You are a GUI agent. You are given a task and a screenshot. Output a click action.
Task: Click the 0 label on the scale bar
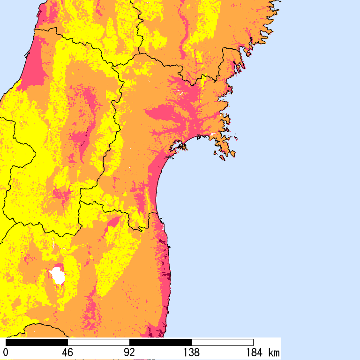click(x=6, y=352)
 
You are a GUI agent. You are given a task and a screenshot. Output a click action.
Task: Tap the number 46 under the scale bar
click(x=67, y=352)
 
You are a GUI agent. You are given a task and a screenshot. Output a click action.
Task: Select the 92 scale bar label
click(x=129, y=352)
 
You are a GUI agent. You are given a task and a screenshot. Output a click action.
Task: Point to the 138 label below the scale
click(x=191, y=352)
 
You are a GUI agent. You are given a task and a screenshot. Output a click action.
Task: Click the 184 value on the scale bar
click(x=253, y=352)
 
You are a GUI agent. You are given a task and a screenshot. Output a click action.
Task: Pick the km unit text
click(x=274, y=352)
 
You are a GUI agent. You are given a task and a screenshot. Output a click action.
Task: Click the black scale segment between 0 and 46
click(x=37, y=342)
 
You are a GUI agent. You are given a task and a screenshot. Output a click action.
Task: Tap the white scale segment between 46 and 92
click(x=98, y=342)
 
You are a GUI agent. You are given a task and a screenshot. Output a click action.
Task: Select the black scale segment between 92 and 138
click(x=160, y=342)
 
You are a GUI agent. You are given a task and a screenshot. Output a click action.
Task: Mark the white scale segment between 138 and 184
click(x=222, y=342)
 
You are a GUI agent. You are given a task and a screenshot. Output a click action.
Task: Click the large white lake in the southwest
click(x=58, y=275)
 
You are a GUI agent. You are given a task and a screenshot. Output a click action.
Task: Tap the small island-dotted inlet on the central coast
click(x=178, y=147)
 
